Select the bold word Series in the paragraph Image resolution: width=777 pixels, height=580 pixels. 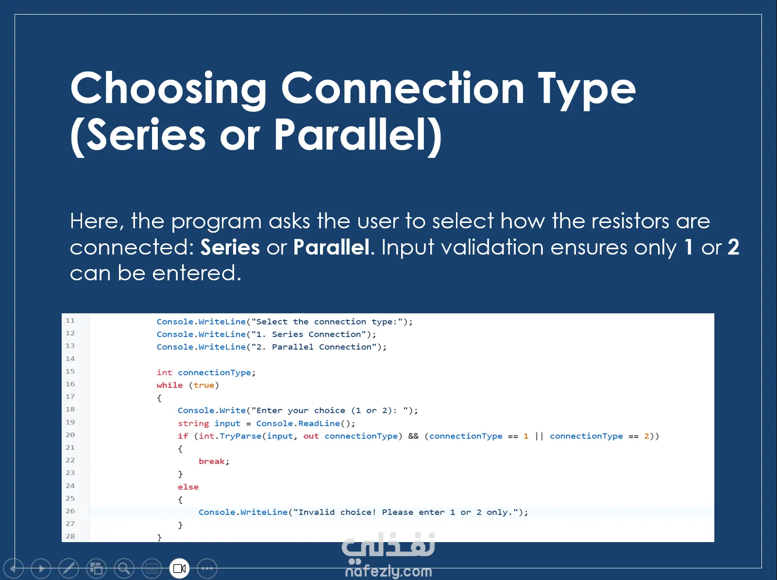pyautogui.click(x=230, y=247)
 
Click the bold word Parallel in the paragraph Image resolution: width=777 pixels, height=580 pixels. pyautogui.click(x=331, y=247)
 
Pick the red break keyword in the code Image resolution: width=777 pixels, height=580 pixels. pyautogui.click(x=212, y=461)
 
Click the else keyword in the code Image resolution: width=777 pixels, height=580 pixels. pyautogui.click(x=188, y=487)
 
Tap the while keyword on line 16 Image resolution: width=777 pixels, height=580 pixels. pyautogui.click(x=169, y=385)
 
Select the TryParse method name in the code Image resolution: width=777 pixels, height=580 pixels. pyautogui.click(x=240, y=436)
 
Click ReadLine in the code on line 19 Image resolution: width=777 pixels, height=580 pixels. pyautogui.click(x=319, y=423)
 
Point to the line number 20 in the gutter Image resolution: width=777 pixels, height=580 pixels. pyautogui.click(x=70, y=434)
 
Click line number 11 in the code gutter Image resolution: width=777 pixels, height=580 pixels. pyautogui.click(x=70, y=320)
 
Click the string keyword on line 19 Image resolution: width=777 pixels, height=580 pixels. pyautogui.click(x=193, y=424)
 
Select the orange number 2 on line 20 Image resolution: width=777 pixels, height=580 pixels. pyautogui.click(x=647, y=436)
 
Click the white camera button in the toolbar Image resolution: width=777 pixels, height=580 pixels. pyautogui.click(x=180, y=568)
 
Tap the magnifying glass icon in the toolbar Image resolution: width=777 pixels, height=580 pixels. pyautogui.click(x=124, y=568)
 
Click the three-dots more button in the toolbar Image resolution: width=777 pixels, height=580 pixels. pyautogui.click(x=207, y=568)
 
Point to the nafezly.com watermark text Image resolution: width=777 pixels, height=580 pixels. pyautogui.click(x=388, y=571)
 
